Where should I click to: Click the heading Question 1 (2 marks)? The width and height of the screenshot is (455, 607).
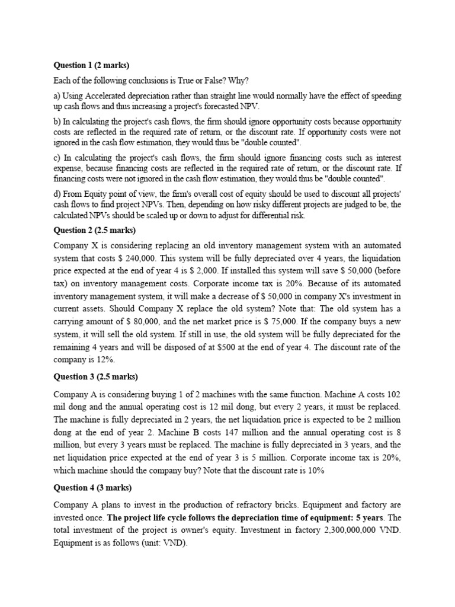(91, 66)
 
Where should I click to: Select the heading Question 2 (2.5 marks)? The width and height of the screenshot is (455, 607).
(95, 231)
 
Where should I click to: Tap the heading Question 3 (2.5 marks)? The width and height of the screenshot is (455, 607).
(95, 376)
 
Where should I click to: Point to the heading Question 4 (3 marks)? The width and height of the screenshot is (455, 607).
(92, 488)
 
